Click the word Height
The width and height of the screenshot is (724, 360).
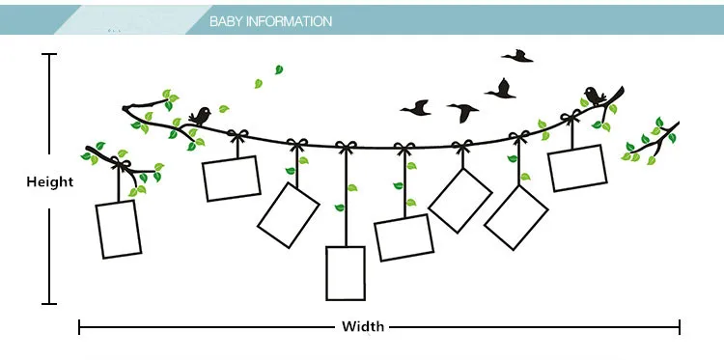click(50, 181)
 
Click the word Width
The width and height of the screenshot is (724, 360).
click(362, 327)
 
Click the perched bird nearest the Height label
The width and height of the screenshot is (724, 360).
click(200, 117)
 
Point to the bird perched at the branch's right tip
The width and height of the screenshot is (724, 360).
click(596, 96)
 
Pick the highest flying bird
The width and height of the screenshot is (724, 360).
click(517, 56)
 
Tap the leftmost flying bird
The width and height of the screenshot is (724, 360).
click(416, 108)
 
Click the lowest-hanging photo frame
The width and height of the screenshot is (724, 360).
click(346, 273)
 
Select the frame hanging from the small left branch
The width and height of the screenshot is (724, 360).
click(118, 230)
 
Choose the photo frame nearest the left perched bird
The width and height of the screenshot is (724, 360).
click(232, 179)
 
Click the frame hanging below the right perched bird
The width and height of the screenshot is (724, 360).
click(577, 168)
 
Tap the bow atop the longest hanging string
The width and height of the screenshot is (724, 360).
click(347, 147)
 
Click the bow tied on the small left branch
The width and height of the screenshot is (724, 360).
click(120, 163)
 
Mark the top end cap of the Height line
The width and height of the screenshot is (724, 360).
click(49, 54)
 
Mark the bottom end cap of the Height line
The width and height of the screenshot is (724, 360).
click(49, 304)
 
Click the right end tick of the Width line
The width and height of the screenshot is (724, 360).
click(680, 327)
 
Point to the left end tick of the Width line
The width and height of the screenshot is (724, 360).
click(79, 327)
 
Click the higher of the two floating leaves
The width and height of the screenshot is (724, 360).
click(279, 69)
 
